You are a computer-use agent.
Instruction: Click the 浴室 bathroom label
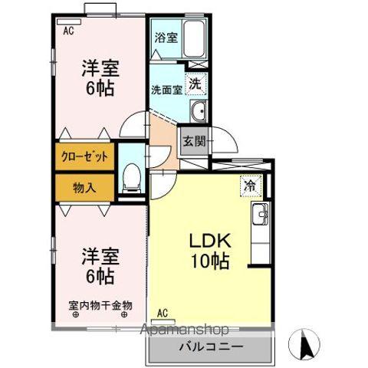click(x=166, y=37)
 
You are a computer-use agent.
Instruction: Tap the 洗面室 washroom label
click(x=166, y=88)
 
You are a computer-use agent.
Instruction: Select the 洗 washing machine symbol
click(x=195, y=83)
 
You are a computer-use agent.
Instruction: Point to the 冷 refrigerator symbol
click(x=250, y=185)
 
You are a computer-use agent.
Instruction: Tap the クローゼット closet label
click(x=84, y=156)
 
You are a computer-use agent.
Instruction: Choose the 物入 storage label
click(x=84, y=186)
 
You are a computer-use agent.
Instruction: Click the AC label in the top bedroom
click(x=68, y=31)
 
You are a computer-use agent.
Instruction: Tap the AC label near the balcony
click(x=163, y=312)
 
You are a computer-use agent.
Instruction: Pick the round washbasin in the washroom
click(x=198, y=109)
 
